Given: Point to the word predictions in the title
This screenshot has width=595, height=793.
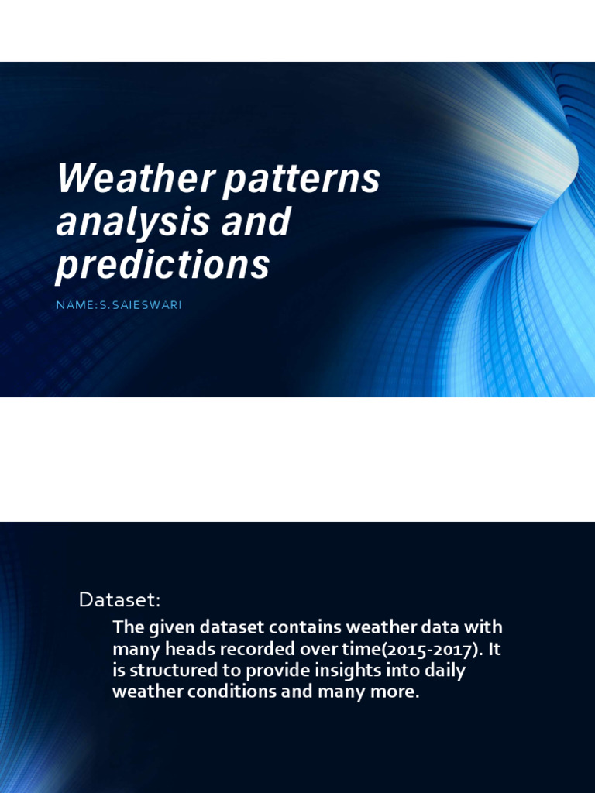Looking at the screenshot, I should (x=163, y=265).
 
